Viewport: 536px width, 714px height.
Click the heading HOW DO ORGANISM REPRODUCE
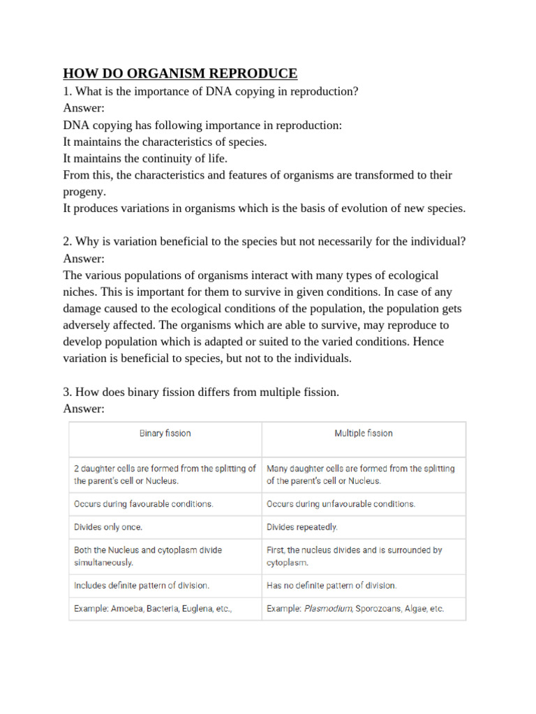pyautogui.click(x=180, y=73)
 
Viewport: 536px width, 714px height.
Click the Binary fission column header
pyautogui.click(x=165, y=433)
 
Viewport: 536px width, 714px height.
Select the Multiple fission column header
pyautogui.click(x=363, y=433)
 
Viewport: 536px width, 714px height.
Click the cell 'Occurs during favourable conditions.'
pyautogui.click(x=143, y=503)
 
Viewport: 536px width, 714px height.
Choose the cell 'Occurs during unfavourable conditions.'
pyautogui.click(x=341, y=503)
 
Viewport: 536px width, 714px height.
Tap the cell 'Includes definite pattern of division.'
pyautogui.click(x=142, y=586)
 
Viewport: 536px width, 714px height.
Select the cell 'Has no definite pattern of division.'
pyautogui.click(x=332, y=586)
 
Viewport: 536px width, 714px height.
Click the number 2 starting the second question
pyautogui.click(x=66, y=242)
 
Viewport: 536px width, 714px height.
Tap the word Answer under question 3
pyautogui.click(x=82, y=409)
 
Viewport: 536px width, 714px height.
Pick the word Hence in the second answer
pyautogui.click(x=429, y=342)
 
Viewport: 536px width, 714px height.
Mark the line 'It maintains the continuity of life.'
pyautogui.click(x=145, y=158)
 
